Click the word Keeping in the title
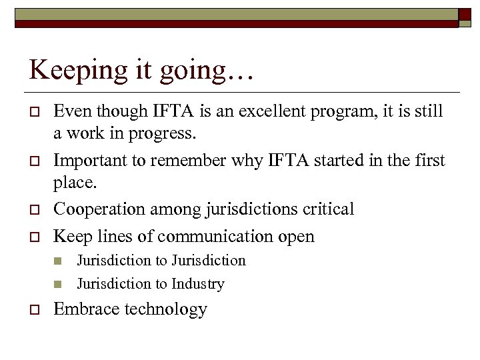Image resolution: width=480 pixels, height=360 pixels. tap(68, 70)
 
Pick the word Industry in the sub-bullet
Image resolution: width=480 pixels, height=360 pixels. tap(197, 284)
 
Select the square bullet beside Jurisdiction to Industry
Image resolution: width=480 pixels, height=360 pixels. tap(58, 285)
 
